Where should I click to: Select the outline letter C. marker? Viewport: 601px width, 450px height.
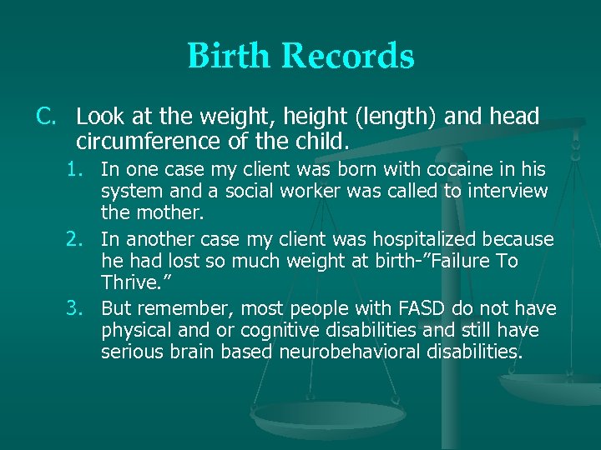[x=47, y=117]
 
